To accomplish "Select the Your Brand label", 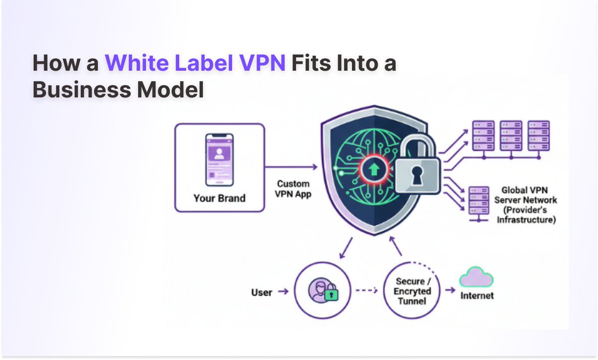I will pos(219,199).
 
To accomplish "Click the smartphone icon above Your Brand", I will pos(219,158).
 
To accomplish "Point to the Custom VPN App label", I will pos(294,189).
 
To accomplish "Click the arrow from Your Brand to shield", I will pos(291,167).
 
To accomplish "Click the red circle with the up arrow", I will pos(372,169).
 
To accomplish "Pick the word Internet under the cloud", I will pos(477,295).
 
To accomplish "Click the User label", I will pos(262,292).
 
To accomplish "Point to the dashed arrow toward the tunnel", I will pos(366,290).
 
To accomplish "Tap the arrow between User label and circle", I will pos(283,292).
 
